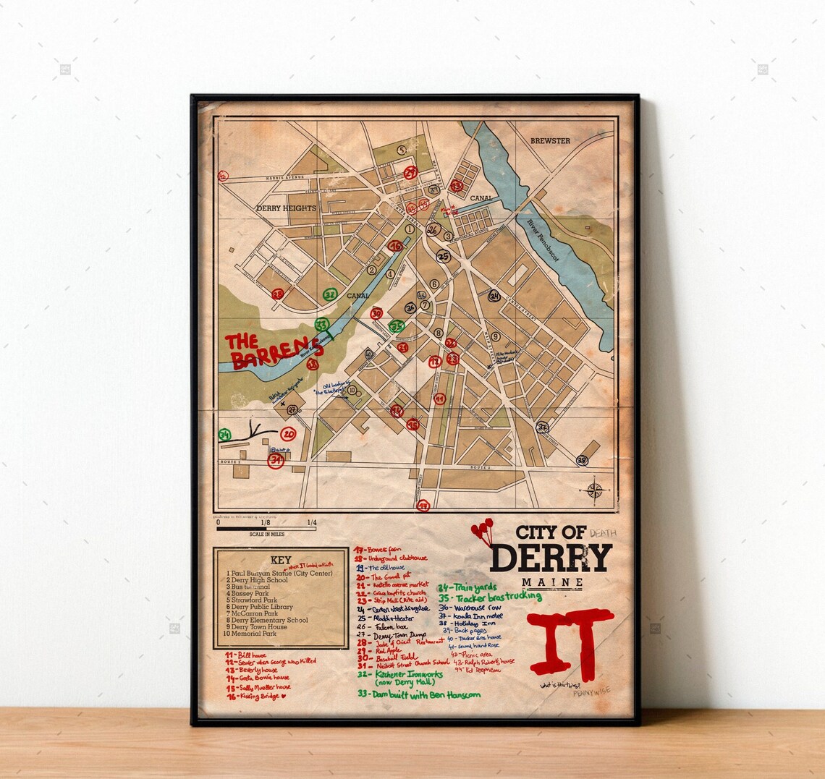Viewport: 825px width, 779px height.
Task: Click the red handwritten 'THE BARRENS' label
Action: click(271, 348)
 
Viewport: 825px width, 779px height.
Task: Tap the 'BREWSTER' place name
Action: click(550, 141)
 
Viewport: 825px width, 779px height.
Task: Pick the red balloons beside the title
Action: click(482, 532)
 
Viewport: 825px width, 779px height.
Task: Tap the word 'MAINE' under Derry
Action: click(551, 582)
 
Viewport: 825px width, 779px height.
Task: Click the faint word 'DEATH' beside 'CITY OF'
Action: click(604, 533)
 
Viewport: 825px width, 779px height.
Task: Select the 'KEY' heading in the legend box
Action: click(280, 560)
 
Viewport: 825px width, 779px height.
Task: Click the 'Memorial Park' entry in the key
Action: click(252, 634)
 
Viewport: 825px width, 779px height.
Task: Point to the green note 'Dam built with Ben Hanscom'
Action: click(418, 694)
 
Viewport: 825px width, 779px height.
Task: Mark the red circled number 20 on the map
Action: click(289, 434)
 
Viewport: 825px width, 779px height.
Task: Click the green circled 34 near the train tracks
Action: click(225, 435)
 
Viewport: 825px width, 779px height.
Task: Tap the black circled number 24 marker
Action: click(494, 296)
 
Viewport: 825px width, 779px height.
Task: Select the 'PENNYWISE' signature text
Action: click(591, 691)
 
